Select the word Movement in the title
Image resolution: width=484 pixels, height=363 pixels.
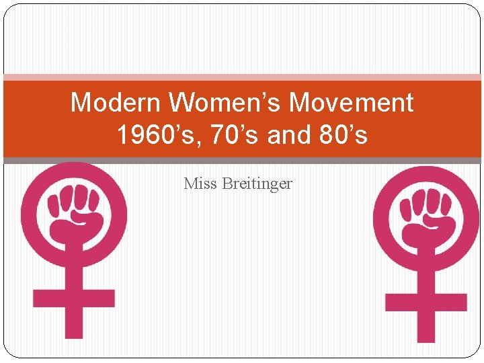pos(351,103)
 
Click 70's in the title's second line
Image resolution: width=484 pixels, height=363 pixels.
pos(232,135)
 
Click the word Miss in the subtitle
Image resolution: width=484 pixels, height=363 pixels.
pos(199,184)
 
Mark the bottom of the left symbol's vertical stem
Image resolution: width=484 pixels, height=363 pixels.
pos(74,333)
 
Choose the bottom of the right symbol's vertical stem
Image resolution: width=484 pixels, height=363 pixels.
pos(426,337)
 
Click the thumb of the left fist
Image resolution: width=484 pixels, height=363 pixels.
pos(84,217)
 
